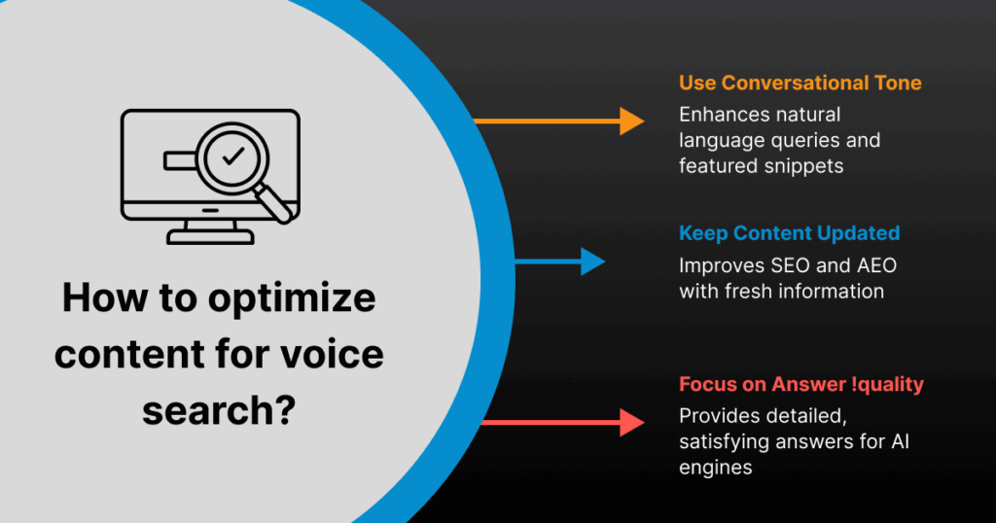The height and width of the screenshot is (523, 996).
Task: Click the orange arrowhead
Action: point(632,121)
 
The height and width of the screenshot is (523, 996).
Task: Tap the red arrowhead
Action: point(632,422)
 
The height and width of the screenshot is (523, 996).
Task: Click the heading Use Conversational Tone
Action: point(800,83)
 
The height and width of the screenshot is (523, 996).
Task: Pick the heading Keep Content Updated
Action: point(789,233)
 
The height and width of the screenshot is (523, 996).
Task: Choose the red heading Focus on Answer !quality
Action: point(800,384)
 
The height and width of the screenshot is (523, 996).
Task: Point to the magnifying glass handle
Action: point(278,201)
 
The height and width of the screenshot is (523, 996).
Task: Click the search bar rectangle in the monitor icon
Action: point(179,157)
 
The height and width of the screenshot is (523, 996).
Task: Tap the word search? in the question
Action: point(219,409)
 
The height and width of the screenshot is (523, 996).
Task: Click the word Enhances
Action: point(721,115)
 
